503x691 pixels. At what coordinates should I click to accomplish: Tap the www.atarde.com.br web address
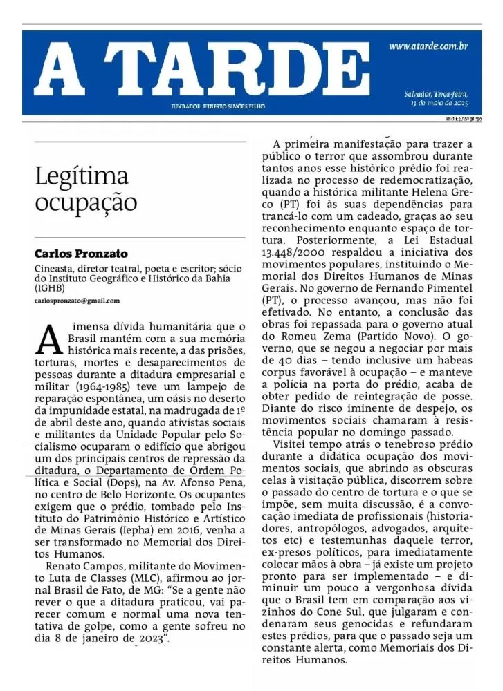click(x=429, y=46)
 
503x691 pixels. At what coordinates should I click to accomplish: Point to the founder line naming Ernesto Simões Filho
click(x=218, y=106)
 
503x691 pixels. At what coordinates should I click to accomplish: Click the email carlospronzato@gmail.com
click(x=77, y=301)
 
